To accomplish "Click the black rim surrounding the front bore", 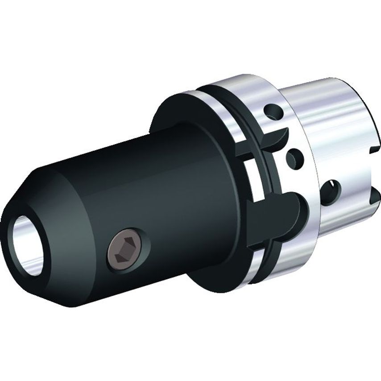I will [13, 223].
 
